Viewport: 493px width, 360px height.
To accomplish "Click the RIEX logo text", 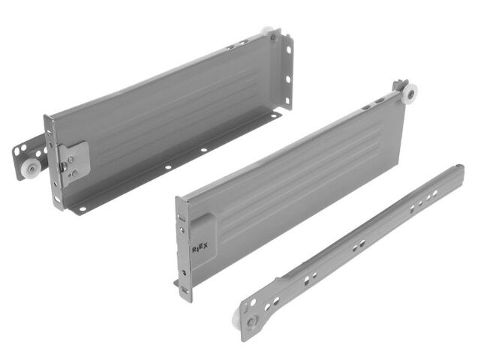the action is (x=200, y=248).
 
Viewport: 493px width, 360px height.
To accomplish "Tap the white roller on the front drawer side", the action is (x=410, y=92).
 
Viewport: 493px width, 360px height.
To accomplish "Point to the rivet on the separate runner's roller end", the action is (x=251, y=322).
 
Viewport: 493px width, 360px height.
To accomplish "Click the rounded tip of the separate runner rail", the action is (x=459, y=166).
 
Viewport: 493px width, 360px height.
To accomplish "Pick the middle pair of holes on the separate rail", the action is (x=359, y=246).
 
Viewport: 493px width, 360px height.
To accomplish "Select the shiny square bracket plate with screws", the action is (x=74, y=163).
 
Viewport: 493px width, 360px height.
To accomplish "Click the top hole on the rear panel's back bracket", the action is (x=289, y=49).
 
